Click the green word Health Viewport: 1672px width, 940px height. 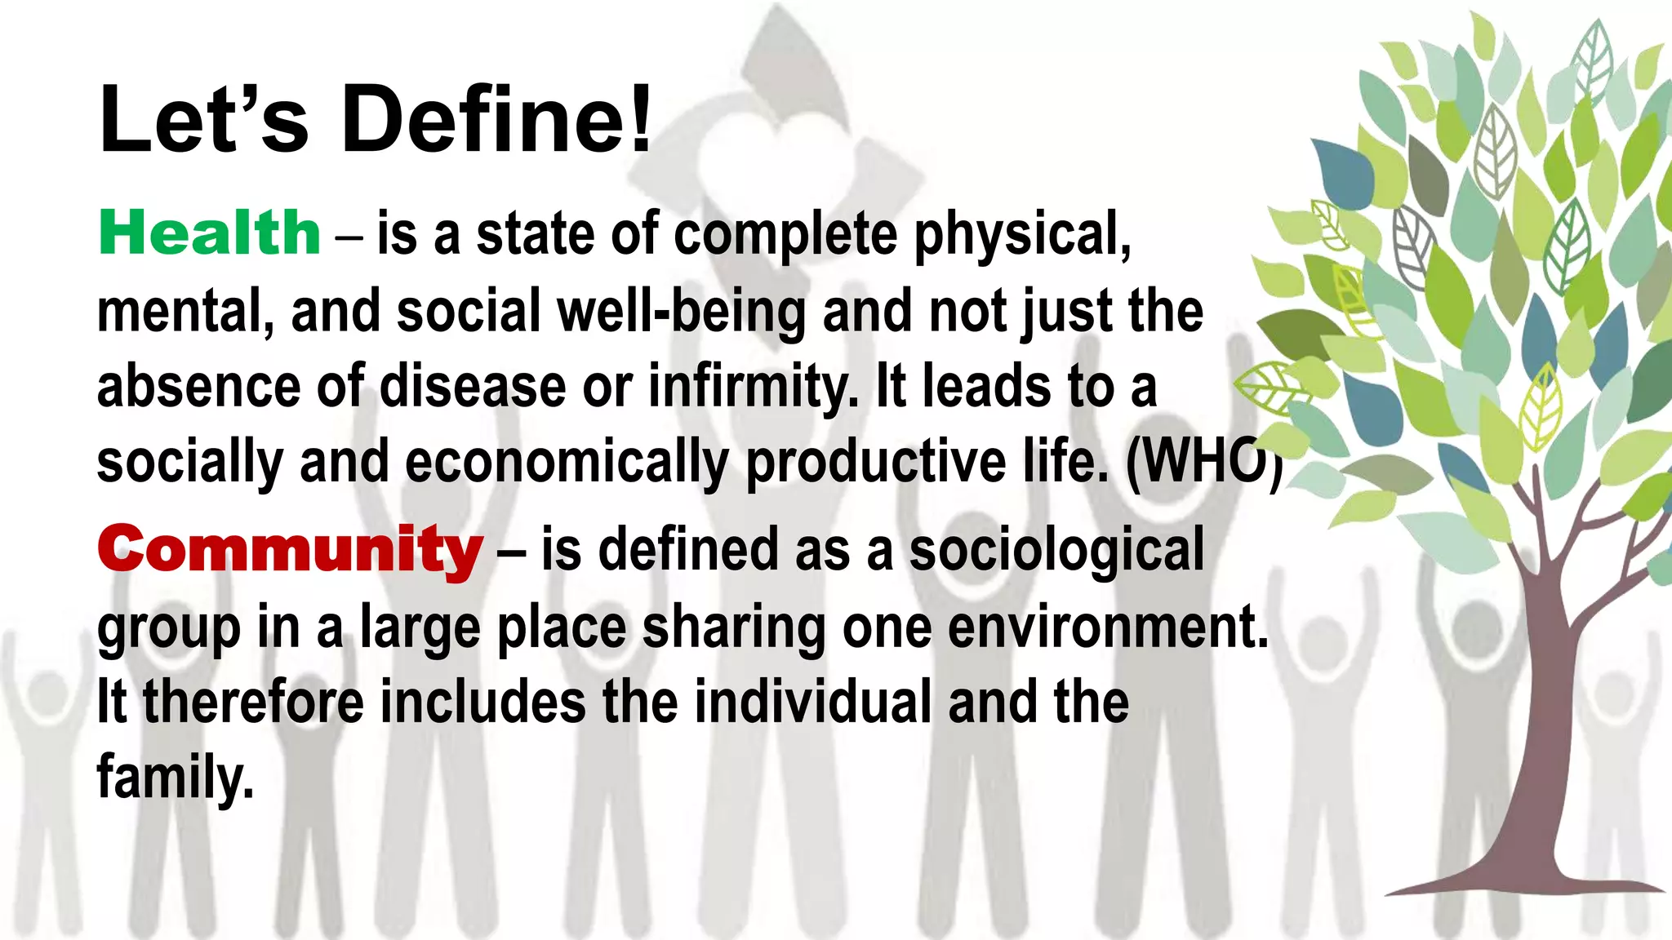[209, 233]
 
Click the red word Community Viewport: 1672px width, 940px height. [290, 549]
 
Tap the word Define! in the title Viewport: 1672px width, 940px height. [496, 120]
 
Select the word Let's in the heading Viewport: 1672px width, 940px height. [203, 120]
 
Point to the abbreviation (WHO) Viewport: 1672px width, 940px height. [1203, 462]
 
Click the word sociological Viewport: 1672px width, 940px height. [1056, 549]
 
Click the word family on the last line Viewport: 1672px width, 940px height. [175, 777]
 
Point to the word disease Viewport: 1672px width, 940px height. [473, 387]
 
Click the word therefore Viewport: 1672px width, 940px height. [253, 702]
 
